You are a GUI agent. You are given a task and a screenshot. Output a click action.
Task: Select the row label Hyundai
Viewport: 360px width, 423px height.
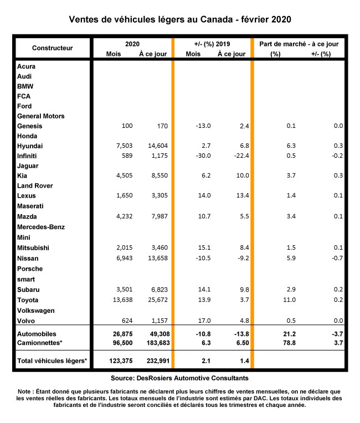30,146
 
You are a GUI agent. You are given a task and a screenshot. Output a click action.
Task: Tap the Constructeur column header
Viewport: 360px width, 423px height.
52,48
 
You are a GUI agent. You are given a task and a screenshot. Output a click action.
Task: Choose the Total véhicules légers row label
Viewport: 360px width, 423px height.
53,361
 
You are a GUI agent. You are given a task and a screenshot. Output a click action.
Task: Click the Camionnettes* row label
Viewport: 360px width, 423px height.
40,343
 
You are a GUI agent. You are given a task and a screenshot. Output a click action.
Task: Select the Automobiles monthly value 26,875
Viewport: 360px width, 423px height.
120,334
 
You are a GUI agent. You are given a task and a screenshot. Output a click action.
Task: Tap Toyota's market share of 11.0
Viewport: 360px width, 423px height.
275,300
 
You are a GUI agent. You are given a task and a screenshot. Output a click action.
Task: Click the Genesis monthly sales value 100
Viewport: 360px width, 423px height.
127,126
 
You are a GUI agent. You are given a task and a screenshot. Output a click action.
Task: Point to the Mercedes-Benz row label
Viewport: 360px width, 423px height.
41,226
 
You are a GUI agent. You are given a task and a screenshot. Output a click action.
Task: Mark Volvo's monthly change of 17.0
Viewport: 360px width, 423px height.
204,321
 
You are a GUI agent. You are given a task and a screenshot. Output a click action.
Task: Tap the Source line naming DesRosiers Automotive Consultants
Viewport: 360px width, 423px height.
179,378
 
